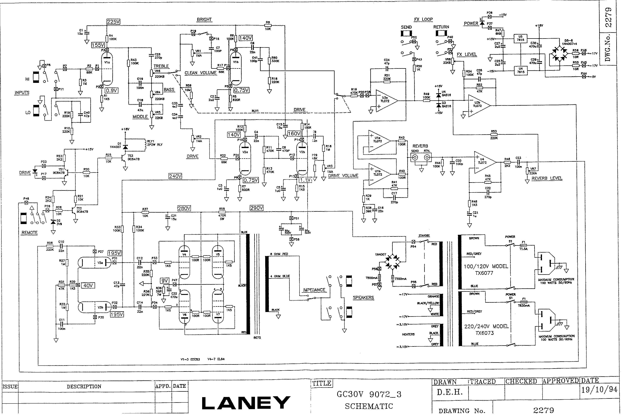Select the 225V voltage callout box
(113, 22)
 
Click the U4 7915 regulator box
(521, 70)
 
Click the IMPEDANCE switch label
(314, 290)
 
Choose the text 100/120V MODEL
(486, 266)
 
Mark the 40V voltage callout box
(88, 285)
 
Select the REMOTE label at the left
(29, 233)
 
